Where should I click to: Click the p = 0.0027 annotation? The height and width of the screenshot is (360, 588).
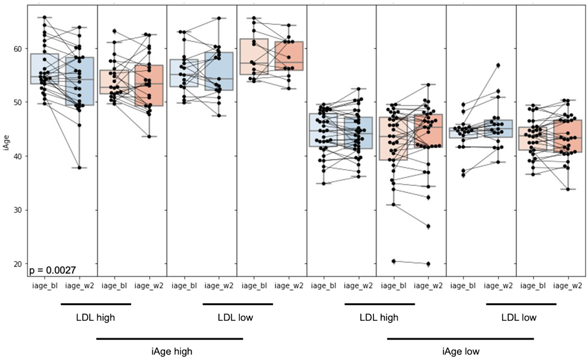51,269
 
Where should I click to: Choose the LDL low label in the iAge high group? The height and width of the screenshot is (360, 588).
238,317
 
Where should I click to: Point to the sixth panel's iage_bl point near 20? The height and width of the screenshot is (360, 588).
394,261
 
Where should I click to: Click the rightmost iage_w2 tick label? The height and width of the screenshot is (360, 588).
567,286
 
